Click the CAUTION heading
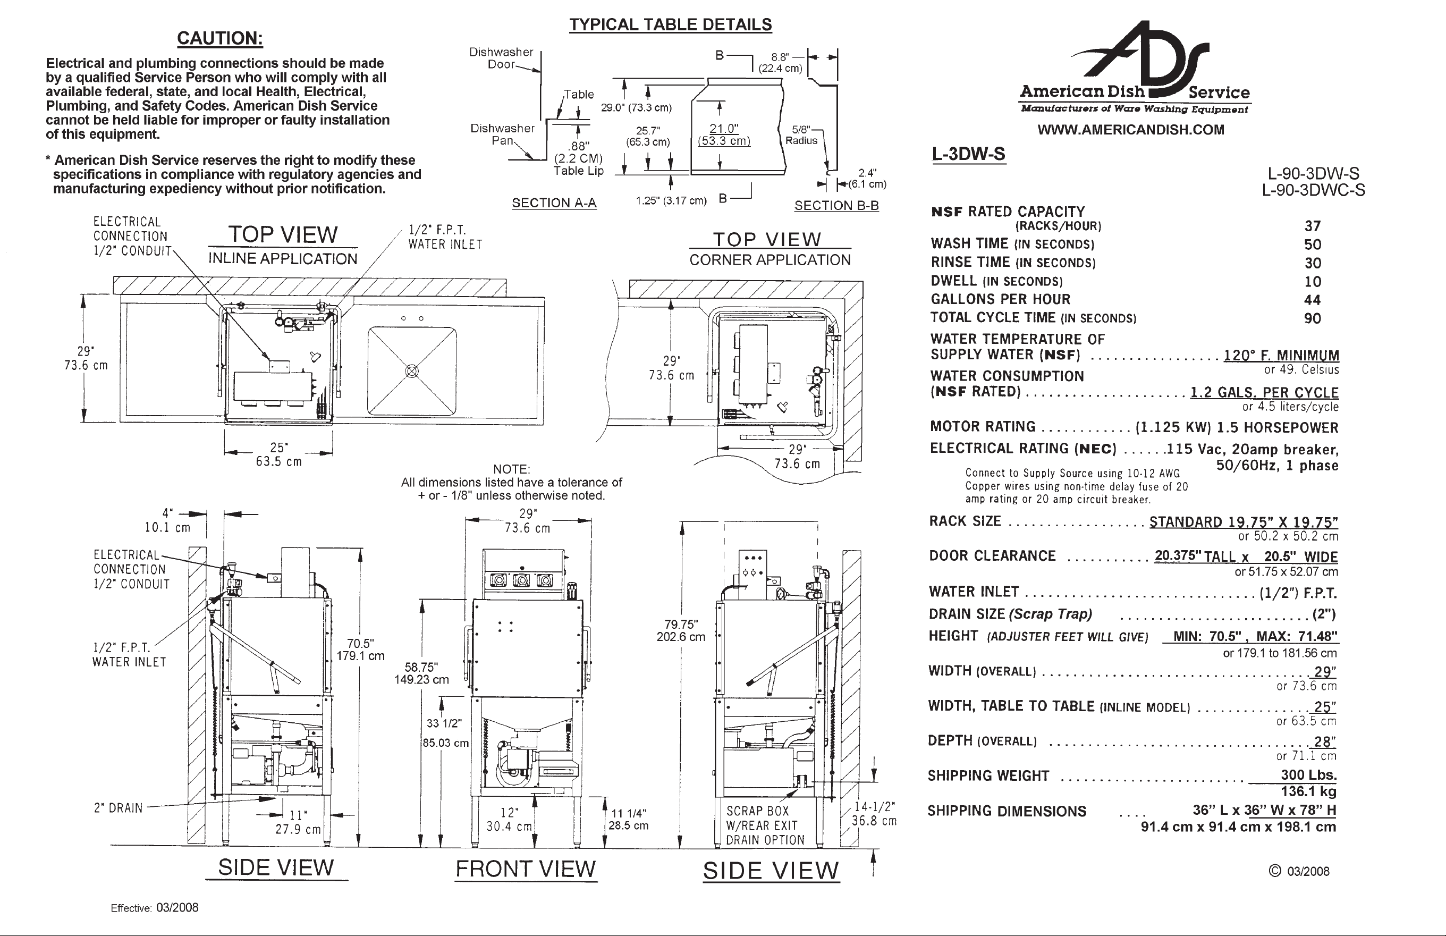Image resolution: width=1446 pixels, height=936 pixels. tap(220, 38)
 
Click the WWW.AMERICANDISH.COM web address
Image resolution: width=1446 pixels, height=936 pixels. tap(1131, 130)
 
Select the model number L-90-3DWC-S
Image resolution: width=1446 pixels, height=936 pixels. tap(1313, 190)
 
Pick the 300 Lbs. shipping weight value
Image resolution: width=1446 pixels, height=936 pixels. tap(1309, 775)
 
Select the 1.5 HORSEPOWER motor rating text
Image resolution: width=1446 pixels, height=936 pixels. tap(1277, 428)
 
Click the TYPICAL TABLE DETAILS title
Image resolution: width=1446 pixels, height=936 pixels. tap(670, 25)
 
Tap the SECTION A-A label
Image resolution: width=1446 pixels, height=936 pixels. tap(554, 203)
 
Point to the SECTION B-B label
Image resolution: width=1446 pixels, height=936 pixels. tap(836, 206)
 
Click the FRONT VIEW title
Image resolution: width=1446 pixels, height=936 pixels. tap(526, 869)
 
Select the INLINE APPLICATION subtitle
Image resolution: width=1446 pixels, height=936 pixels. tap(283, 259)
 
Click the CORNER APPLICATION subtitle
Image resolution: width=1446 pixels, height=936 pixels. tap(770, 260)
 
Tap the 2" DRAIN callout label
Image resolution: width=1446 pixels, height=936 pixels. tap(118, 808)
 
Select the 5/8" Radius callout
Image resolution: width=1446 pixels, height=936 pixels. tap(801, 135)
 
